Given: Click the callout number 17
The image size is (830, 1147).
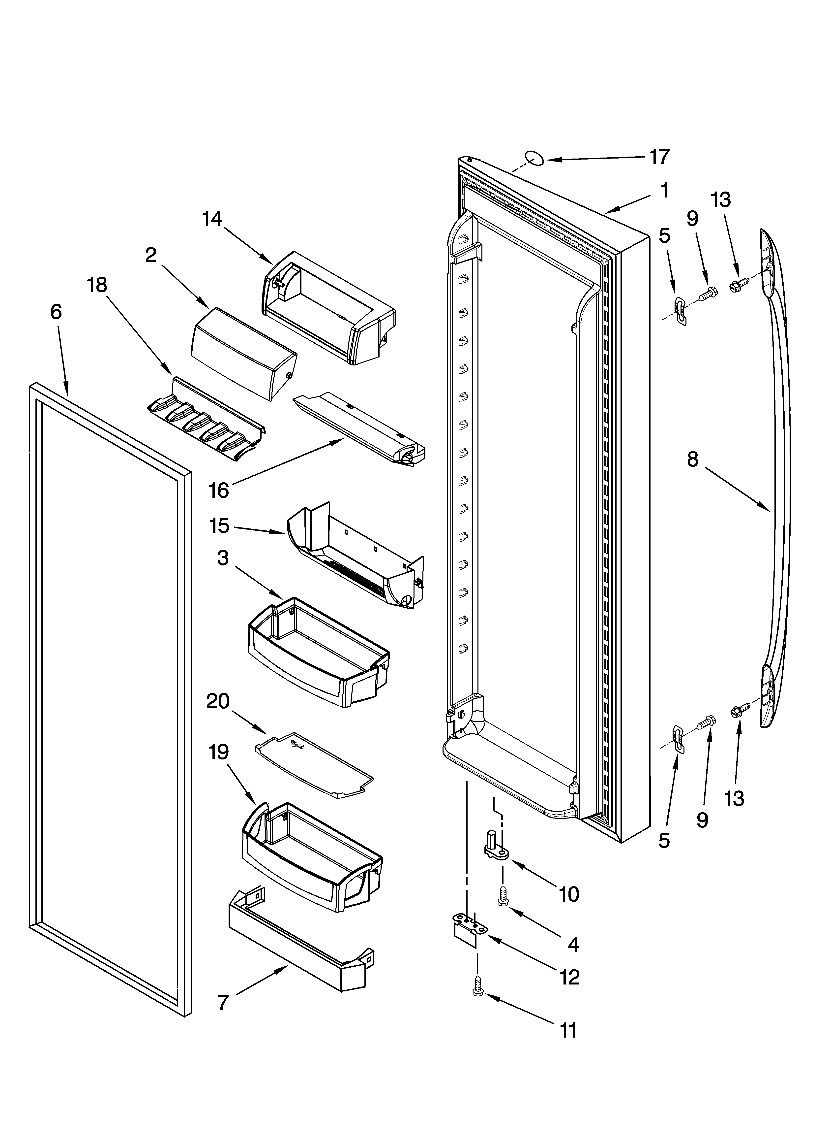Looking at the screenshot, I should click(659, 157).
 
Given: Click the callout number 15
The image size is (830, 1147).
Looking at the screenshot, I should click(219, 526).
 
